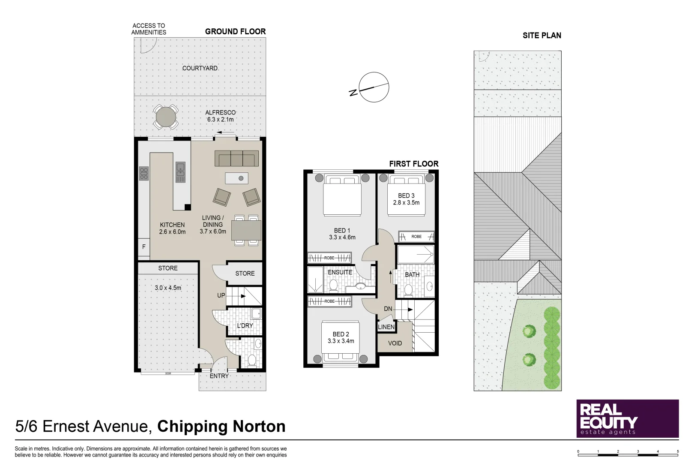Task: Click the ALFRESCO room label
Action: tap(220, 113)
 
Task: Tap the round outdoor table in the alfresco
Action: tap(166, 117)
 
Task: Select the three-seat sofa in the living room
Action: tap(237, 159)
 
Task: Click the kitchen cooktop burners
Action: tap(144, 173)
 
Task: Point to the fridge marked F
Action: tap(144, 247)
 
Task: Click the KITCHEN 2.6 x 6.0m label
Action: tap(172, 228)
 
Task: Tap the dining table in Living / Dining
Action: tap(246, 230)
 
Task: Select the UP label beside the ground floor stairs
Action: tap(221, 295)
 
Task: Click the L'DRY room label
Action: tap(245, 326)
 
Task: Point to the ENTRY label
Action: tap(219, 376)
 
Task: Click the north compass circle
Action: tap(374, 87)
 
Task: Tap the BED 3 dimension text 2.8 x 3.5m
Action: tap(406, 202)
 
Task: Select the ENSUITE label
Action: tap(340, 272)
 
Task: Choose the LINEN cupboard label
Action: tap(386, 327)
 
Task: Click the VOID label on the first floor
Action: tap(395, 343)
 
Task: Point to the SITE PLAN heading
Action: tap(542, 36)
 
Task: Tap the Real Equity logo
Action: tap(628, 419)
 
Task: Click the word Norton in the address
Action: tap(259, 427)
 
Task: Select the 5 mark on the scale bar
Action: tap(678, 451)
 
